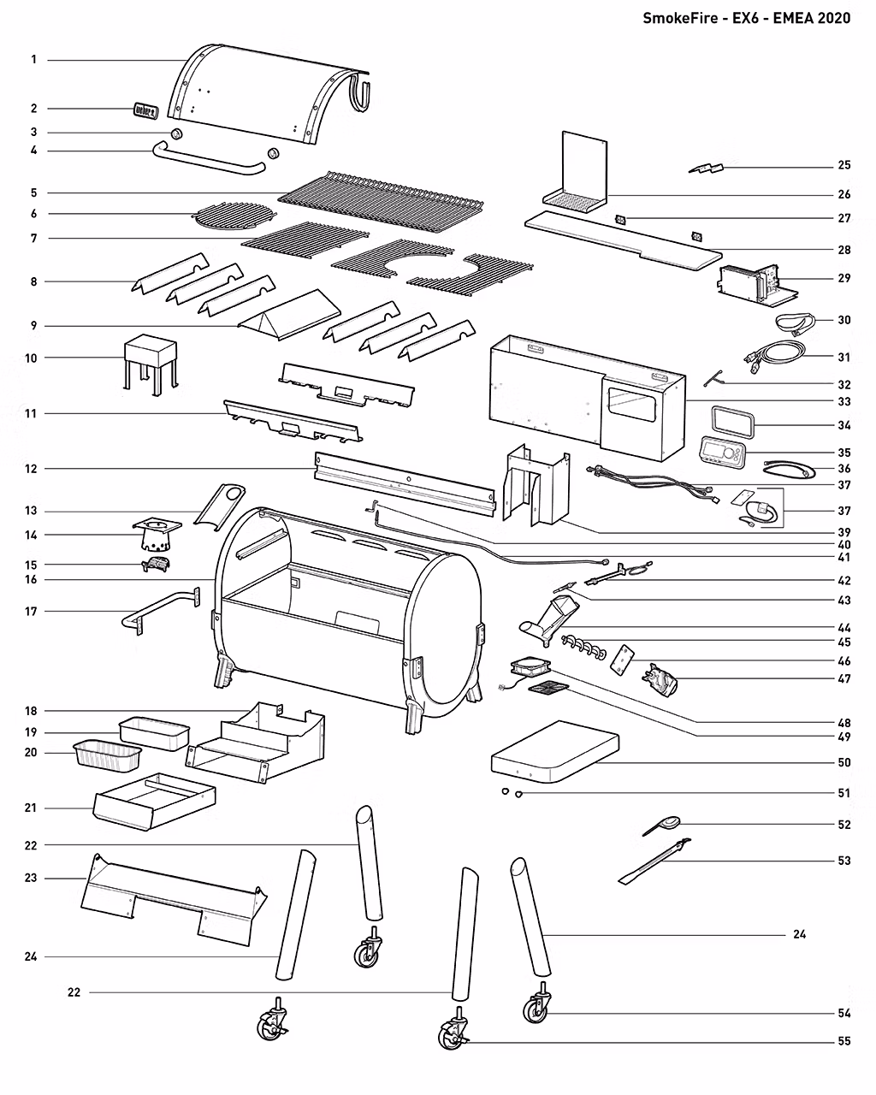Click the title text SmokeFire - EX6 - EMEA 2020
(x=746, y=18)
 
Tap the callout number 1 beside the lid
(x=33, y=60)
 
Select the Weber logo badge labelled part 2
(x=145, y=110)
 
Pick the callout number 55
(x=843, y=1042)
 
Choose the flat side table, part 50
(x=556, y=751)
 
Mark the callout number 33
(x=843, y=401)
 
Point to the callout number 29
(x=843, y=279)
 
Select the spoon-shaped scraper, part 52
(x=664, y=825)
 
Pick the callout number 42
(x=843, y=580)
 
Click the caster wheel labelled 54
(x=536, y=1009)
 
